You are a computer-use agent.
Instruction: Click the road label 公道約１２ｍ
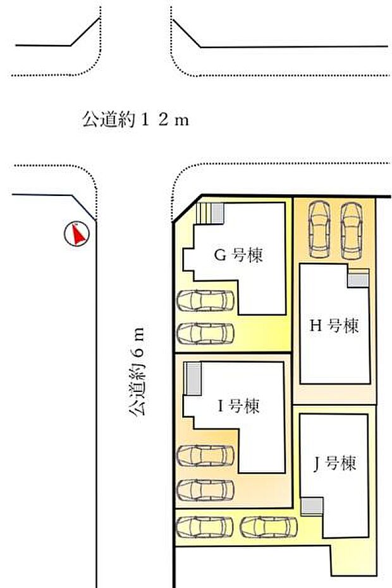tap(135, 119)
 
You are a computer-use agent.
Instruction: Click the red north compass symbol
tap(78, 235)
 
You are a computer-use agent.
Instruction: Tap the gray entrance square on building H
tap(358, 279)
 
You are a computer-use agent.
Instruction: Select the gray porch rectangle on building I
tap(193, 379)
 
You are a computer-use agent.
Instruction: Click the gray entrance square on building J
tap(311, 506)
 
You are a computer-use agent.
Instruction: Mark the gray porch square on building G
tap(217, 213)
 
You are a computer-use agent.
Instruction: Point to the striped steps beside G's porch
tap(204, 213)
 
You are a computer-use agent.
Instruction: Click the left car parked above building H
tap(319, 229)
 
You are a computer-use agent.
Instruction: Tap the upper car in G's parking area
tap(205, 300)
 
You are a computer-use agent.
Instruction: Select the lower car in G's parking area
tap(205, 333)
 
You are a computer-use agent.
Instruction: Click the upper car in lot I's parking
tap(205, 455)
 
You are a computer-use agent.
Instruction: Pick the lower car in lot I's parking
tap(205, 489)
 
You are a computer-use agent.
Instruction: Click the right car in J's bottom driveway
tap(269, 526)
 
